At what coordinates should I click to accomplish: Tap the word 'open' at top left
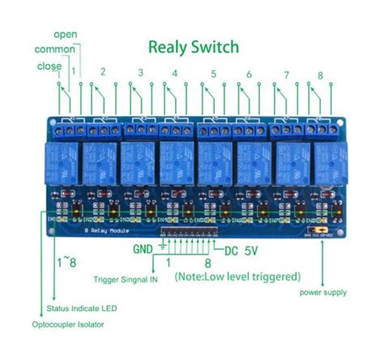tap(66, 34)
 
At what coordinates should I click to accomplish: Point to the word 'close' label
tap(49, 66)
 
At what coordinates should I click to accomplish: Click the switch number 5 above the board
tap(213, 74)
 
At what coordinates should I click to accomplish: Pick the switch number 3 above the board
tap(140, 74)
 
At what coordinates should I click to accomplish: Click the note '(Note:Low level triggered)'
tap(237, 276)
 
